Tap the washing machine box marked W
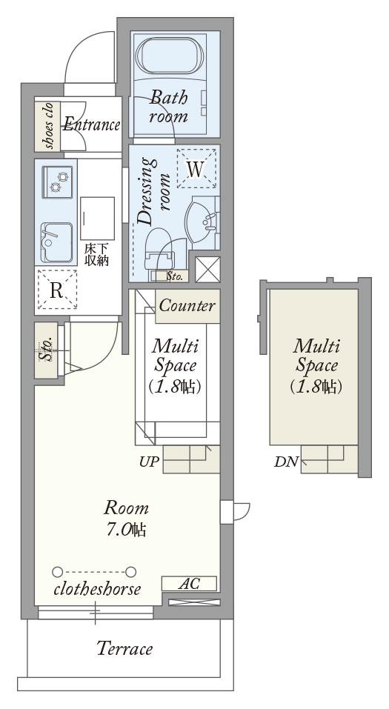[196, 169]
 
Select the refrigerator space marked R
[56, 290]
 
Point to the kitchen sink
[56, 242]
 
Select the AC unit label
[189, 583]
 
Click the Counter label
[187, 306]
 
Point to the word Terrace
[124, 649]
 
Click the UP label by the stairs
[149, 462]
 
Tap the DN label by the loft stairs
[286, 462]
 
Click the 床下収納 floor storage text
[96, 255]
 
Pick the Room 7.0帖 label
[126, 518]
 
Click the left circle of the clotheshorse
[57, 572]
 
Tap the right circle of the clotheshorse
[130, 572]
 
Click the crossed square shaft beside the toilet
[207, 270]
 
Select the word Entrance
[91, 124]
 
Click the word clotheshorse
[97, 589]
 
